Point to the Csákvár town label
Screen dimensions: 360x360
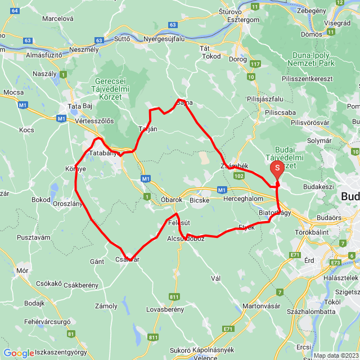point(127,259)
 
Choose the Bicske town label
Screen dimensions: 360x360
point(199,200)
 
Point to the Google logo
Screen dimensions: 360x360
point(19,353)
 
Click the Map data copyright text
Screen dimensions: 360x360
point(335,355)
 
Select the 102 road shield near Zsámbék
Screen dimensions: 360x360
point(239,176)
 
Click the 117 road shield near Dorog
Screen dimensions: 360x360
point(255,64)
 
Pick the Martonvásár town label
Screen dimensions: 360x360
point(261,306)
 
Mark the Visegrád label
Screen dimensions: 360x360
point(337,24)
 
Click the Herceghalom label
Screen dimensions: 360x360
point(242,200)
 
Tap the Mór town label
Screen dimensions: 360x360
point(22,271)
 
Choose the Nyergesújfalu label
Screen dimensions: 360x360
point(164,39)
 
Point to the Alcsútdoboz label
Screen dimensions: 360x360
point(186,238)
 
